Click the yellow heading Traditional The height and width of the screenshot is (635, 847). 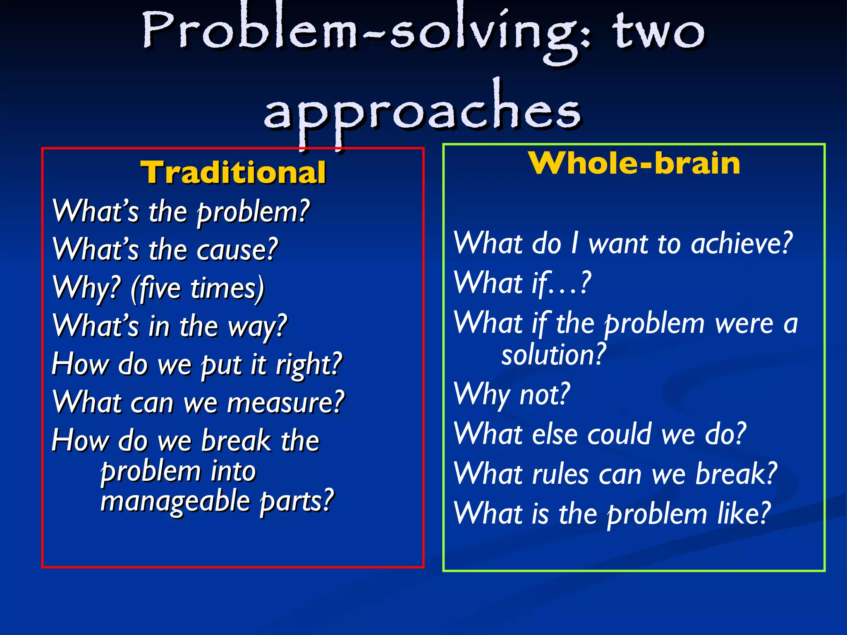coord(233,172)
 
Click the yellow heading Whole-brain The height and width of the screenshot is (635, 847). coord(634,163)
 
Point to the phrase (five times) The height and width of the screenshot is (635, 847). coord(198,288)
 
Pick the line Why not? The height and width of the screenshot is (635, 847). coord(512,394)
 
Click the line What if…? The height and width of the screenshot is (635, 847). coord(522,284)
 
